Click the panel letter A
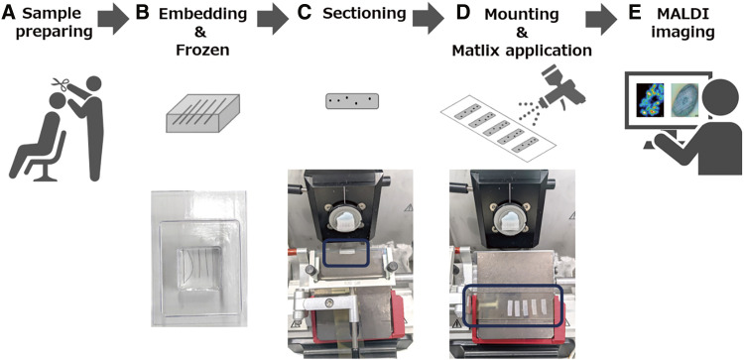(9, 13)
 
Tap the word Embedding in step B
(202, 14)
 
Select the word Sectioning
(364, 13)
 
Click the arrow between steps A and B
(113, 21)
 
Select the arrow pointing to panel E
(601, 21)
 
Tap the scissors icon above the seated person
(61, 84)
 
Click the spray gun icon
(561, 86)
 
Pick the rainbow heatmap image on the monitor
(651, 100)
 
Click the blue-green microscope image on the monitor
(684, 100)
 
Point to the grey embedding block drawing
(202, 112)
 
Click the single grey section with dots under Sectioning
(351, 101)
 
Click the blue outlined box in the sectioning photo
(345, 253)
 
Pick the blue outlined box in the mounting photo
(514, 306)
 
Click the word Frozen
(202, 50)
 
